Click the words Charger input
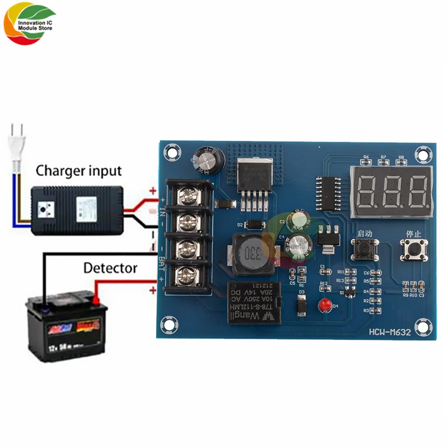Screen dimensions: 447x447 point(79,170)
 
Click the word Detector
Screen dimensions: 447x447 point(110,268)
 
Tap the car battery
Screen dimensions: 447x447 point(65,329)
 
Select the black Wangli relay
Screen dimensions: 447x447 point(254,302)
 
